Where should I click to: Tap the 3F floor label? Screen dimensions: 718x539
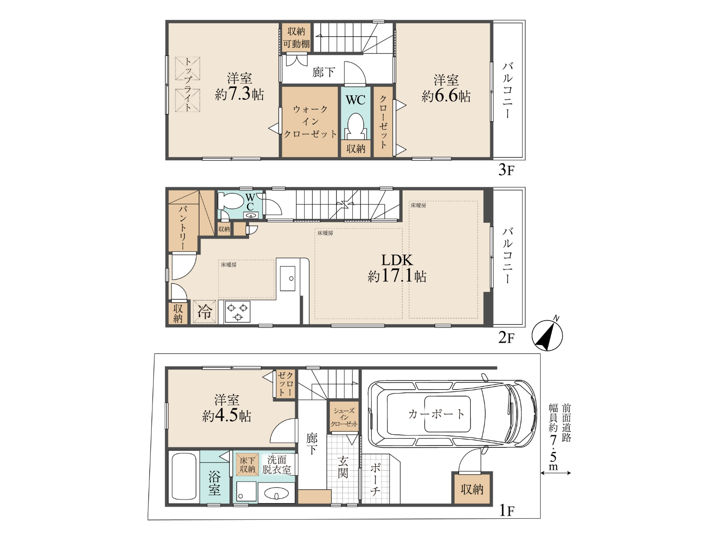pos(506,169)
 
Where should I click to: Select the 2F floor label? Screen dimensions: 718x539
pos(506,337)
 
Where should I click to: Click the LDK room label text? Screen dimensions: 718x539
pos(397,260)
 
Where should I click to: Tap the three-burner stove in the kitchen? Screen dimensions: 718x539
pos(237,312)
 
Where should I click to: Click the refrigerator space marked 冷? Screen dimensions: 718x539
pos(205,311)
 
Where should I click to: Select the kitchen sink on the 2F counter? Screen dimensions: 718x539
pos(288,278)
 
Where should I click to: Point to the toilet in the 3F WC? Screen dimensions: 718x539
pos(355,126)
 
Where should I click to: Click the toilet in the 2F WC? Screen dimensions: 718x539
pos(231,201)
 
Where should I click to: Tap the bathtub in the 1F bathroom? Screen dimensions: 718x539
pos(184,477)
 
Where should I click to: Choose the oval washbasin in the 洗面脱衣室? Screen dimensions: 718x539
pos(276,493)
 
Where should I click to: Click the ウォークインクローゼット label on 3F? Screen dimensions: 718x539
pos(310,121)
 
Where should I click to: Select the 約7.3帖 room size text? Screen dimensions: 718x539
pos(240,94)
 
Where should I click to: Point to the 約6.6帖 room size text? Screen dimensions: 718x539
pos(446,96)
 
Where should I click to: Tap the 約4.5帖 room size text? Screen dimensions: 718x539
pos(226,416)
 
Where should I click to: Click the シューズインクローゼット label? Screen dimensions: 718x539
pos(344,417)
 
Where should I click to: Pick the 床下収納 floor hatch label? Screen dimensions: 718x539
pos(247,464)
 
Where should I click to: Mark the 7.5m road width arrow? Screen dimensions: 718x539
pos(556,473)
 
